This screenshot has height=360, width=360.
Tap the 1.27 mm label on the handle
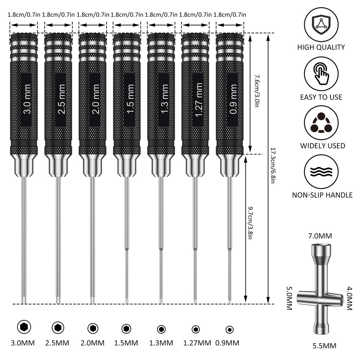[198, 100]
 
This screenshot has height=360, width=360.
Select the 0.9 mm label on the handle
[233, 100]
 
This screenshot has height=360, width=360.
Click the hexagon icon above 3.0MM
[24, 327]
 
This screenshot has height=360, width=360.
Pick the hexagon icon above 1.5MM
[126, 329]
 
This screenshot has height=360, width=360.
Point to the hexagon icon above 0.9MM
[229, 329]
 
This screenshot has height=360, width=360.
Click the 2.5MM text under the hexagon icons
[57, 343]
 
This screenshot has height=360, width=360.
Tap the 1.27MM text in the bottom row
[197, 343]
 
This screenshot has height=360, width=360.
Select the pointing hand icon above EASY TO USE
[321, 74]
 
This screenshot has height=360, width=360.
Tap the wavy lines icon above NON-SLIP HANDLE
[321, 172]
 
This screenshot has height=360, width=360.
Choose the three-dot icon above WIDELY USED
[321, 123]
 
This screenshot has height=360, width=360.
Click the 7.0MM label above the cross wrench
[320, 236]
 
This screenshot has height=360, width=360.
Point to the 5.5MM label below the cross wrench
[324, 346]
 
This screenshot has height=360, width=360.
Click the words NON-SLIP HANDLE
[322, 195]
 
